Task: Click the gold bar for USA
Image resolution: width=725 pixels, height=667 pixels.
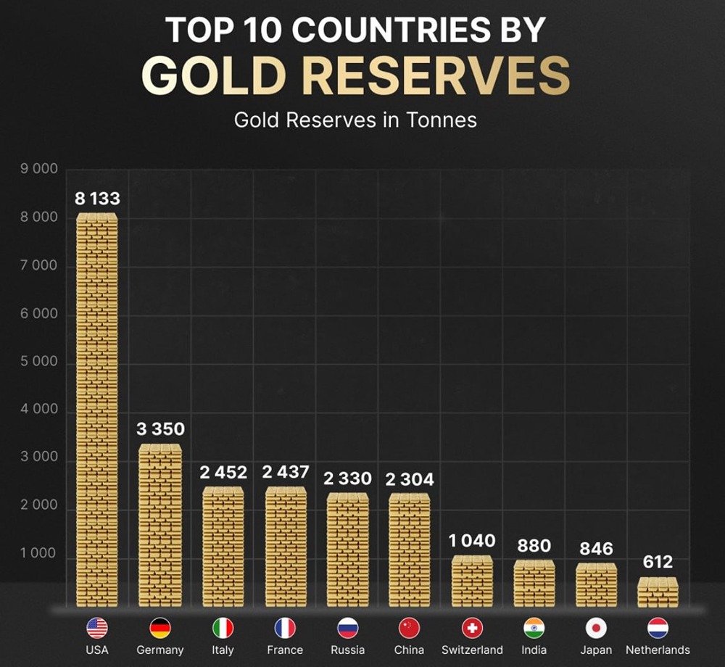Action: pyautogui.click(x=97, y=410)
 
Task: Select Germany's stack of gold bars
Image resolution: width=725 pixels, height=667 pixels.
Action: pyautogui.click(x=160, y=526)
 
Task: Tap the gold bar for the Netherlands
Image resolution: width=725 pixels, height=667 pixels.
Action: pyautogui.click(x=658, y=592)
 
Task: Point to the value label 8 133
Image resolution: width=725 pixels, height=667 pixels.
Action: pyautogui.click(x=97, y=199)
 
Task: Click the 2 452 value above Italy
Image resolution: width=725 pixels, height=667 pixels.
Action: pyautogui.click(x=223, y=473)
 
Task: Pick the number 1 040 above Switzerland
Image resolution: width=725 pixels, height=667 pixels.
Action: pyautogui.click(x=471, y=541)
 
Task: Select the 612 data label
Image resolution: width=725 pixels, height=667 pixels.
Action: pyautogui.click(x=658, y=562)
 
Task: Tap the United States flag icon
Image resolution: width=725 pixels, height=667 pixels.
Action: pyautogui.click(x=97, y=628)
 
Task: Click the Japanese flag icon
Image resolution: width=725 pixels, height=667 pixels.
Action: pyautogui.click(x=596, y=628)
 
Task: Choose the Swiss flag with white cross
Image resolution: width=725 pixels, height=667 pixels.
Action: pyautogui.click(x=472, y=628)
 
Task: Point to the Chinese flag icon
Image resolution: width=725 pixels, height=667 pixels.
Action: pyautogui.click(x=410, y=628)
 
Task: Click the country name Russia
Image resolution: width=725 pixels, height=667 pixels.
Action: pyautogui.click(x=347, y=650)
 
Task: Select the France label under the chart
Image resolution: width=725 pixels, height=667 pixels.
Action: pyautogui.click(x=285, y=650)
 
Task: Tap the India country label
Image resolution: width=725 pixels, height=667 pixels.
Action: pyautogui.click(x=534, y=650)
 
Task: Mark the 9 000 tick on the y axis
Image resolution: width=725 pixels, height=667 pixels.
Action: pyautogui.click(x=39, y=170)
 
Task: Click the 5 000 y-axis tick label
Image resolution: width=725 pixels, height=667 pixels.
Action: pyautogui.click(x=39, y=362)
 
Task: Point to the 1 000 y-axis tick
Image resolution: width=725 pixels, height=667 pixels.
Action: pyautogui.click(x=39, y=554)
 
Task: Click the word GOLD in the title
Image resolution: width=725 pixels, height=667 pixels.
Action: pyautogui.click(x=217, y=75)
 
